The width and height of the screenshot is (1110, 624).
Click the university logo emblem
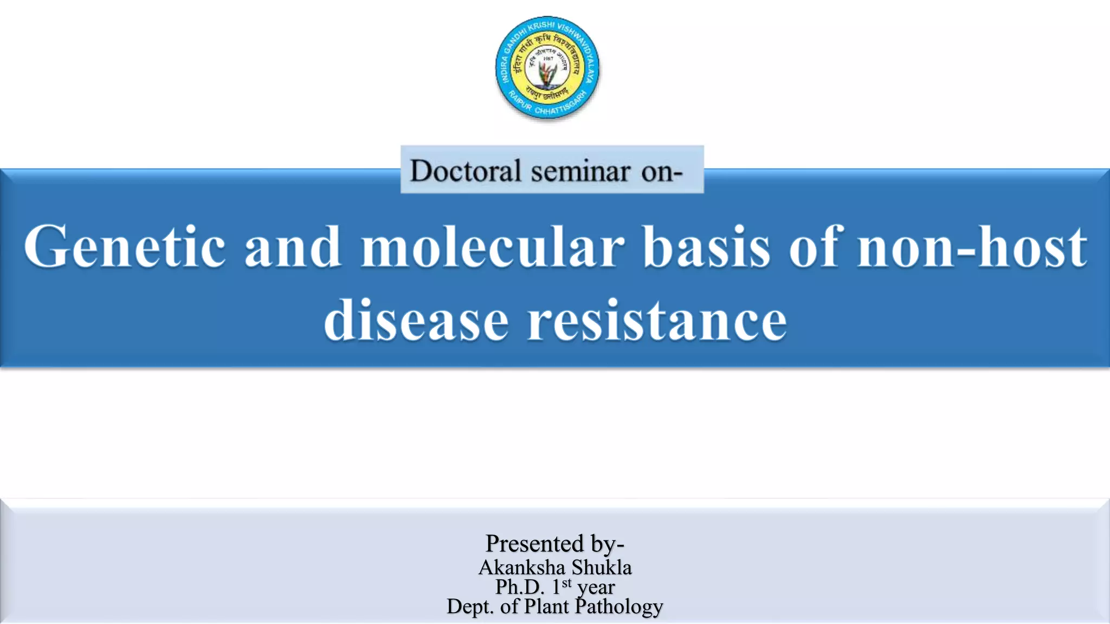point(547,68)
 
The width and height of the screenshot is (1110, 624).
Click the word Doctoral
point(464,171)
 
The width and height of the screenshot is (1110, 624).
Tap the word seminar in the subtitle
point(580,172)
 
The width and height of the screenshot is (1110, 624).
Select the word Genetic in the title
point(124,247)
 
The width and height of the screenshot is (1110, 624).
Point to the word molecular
point(493,247)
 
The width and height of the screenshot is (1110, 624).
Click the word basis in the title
point(706,247)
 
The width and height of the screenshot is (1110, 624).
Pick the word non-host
point(972,247)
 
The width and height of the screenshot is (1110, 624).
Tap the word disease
point(416,321)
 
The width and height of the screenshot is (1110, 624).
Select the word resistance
point(657,321)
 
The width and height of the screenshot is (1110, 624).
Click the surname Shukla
point(602,567)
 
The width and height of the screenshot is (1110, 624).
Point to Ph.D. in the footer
point(519,587)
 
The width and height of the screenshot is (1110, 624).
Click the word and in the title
point(293,247)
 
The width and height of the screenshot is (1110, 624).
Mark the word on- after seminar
point(661,172)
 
